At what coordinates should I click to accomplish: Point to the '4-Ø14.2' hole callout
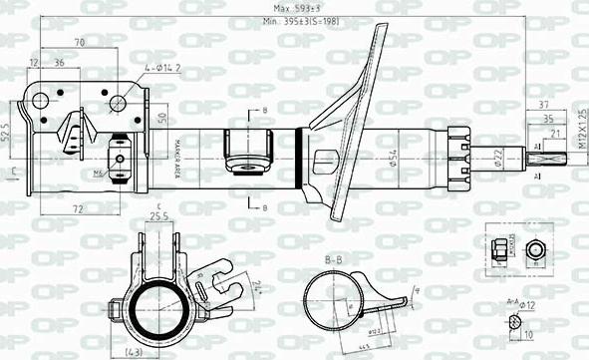click(x=161, y=68)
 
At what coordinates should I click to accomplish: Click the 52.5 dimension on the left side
click(x=7, y=132)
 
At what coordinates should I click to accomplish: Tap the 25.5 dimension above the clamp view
click(x=156, y=214)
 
